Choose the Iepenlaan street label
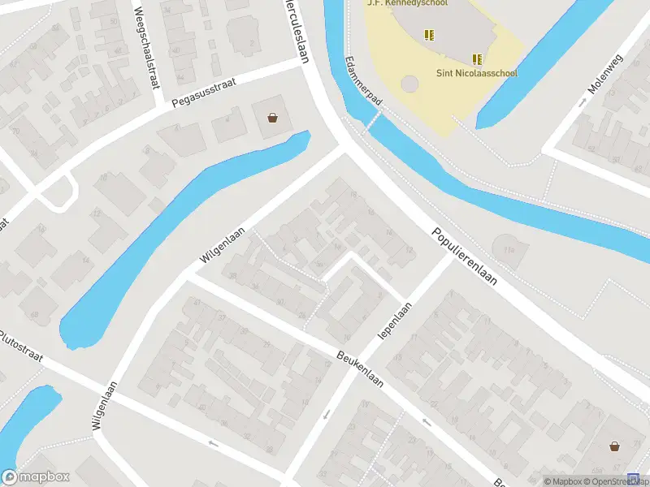pos(396,321)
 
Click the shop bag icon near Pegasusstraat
pos(272,119)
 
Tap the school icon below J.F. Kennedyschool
pos(428,34)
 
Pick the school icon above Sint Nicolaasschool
pos(477,58)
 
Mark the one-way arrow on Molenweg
pos(583,103)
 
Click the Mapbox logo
pos(36,477)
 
